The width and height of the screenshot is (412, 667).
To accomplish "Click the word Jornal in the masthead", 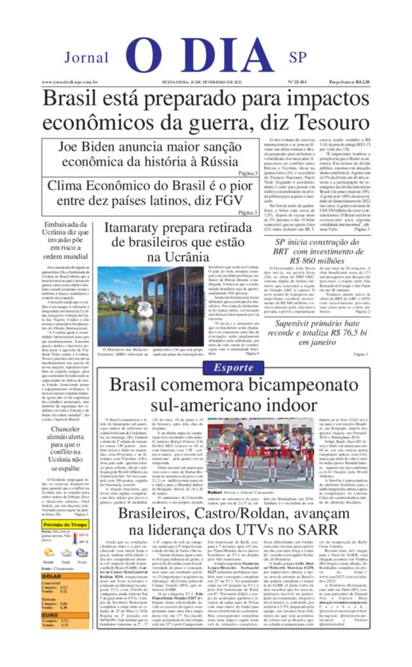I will [x=87, y=58].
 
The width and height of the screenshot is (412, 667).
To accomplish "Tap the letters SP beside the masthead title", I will [x=297, y=58].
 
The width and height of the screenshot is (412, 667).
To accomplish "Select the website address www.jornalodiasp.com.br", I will [x=70, y=82].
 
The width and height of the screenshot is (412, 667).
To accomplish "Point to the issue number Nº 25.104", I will [x=297, y=82].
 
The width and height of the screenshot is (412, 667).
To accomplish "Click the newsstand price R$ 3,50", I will [x=349, y=82].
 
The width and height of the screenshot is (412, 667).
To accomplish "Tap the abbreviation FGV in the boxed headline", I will [x=229, y=200].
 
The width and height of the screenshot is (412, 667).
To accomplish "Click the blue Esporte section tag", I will [x=233, y=368].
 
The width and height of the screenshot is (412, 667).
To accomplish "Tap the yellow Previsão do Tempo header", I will [x=65, y=525].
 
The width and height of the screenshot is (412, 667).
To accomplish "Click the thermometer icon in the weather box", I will [x=75, y=538].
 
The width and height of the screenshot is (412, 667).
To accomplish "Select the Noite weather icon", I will [x=82, y=553].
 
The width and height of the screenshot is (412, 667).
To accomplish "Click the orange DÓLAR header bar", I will [x=65, y=576].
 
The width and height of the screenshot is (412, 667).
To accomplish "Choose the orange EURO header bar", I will [x=65, y=615].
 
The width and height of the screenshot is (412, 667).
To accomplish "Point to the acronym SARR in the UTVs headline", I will [x=317, y=529].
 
